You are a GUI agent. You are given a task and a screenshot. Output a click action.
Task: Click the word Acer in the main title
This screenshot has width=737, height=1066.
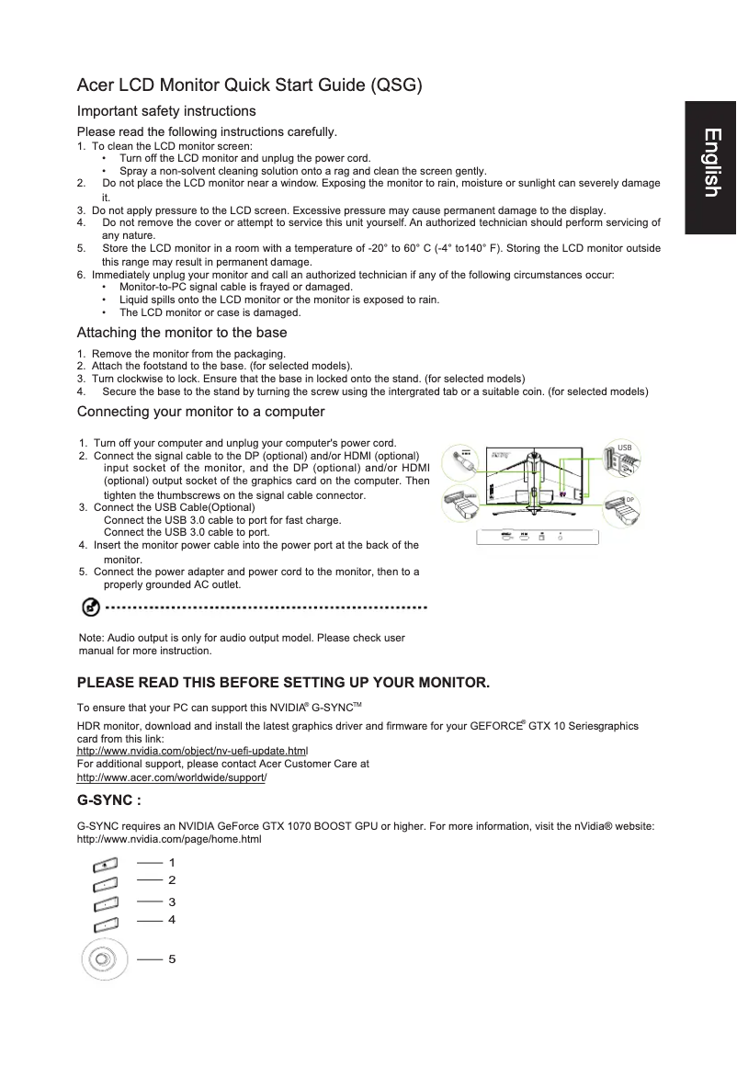(x=96, y=86)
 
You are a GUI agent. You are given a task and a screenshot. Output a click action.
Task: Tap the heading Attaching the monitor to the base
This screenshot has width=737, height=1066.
(x=182, y=333)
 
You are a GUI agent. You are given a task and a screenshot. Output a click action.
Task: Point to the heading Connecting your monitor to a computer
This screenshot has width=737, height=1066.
(x=201, y=411)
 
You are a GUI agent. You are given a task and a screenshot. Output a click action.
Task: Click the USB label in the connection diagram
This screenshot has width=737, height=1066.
(x=624, y=448)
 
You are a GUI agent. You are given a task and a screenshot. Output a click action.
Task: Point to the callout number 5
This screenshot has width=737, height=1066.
(x=172, y=959)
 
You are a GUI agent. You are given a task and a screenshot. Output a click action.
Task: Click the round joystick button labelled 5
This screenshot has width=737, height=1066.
(x=100, y=961)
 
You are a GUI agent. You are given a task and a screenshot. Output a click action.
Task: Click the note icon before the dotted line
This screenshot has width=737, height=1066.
(x=91, y=607)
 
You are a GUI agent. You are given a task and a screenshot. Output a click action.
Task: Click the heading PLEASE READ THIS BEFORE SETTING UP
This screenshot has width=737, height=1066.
(x=284, y=684)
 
